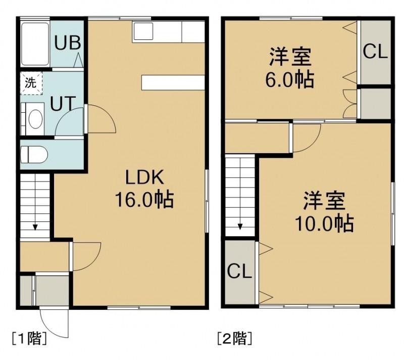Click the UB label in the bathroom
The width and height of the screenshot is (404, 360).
coord(68,43)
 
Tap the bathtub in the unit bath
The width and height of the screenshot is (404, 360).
coord(35,44)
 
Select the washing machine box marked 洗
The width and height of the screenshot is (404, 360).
coord(31,83)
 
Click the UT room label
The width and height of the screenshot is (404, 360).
coord(63,104)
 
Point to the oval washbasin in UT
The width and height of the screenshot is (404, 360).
coord(35,119)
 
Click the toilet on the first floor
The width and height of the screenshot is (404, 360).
coord(34,155)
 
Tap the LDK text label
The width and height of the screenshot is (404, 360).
coord(144,177)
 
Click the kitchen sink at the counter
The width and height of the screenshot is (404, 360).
coord(143,31)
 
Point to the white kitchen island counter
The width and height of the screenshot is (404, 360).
coord(173,82)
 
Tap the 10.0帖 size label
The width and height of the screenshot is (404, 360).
coord(324,223)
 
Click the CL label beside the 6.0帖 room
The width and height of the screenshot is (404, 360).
coord(375,52)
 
